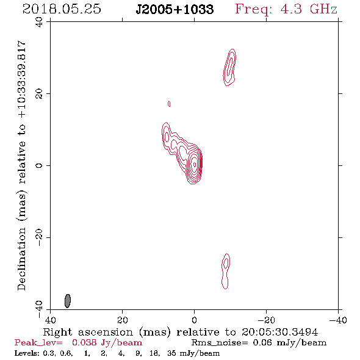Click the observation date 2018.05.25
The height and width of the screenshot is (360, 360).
(62, 9)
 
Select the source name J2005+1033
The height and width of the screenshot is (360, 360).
(175, 10)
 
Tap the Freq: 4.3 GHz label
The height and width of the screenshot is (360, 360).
(286, 10)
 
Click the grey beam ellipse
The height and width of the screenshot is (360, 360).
(68, 301)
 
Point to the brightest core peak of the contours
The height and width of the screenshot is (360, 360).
(195, 164)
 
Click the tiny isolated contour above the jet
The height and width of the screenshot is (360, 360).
(169, 104)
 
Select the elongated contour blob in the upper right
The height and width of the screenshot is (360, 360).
(229, 68)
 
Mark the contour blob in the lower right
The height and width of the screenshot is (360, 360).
(226, 272)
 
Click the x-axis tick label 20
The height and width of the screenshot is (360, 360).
(123, 320)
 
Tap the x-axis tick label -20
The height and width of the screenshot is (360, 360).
(266, 320)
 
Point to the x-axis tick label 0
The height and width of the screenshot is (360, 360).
(194, 320)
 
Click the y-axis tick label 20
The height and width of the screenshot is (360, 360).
(39, 94)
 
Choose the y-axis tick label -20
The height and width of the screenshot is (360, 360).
(39, 237)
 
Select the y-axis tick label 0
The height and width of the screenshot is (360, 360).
(39, 165)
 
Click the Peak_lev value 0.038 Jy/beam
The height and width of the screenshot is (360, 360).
(107, 342)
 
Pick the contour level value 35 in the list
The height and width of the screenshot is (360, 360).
(171, 353)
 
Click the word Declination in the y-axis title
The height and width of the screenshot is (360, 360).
(21, 259)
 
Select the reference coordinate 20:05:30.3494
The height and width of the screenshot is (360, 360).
(279, 332)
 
